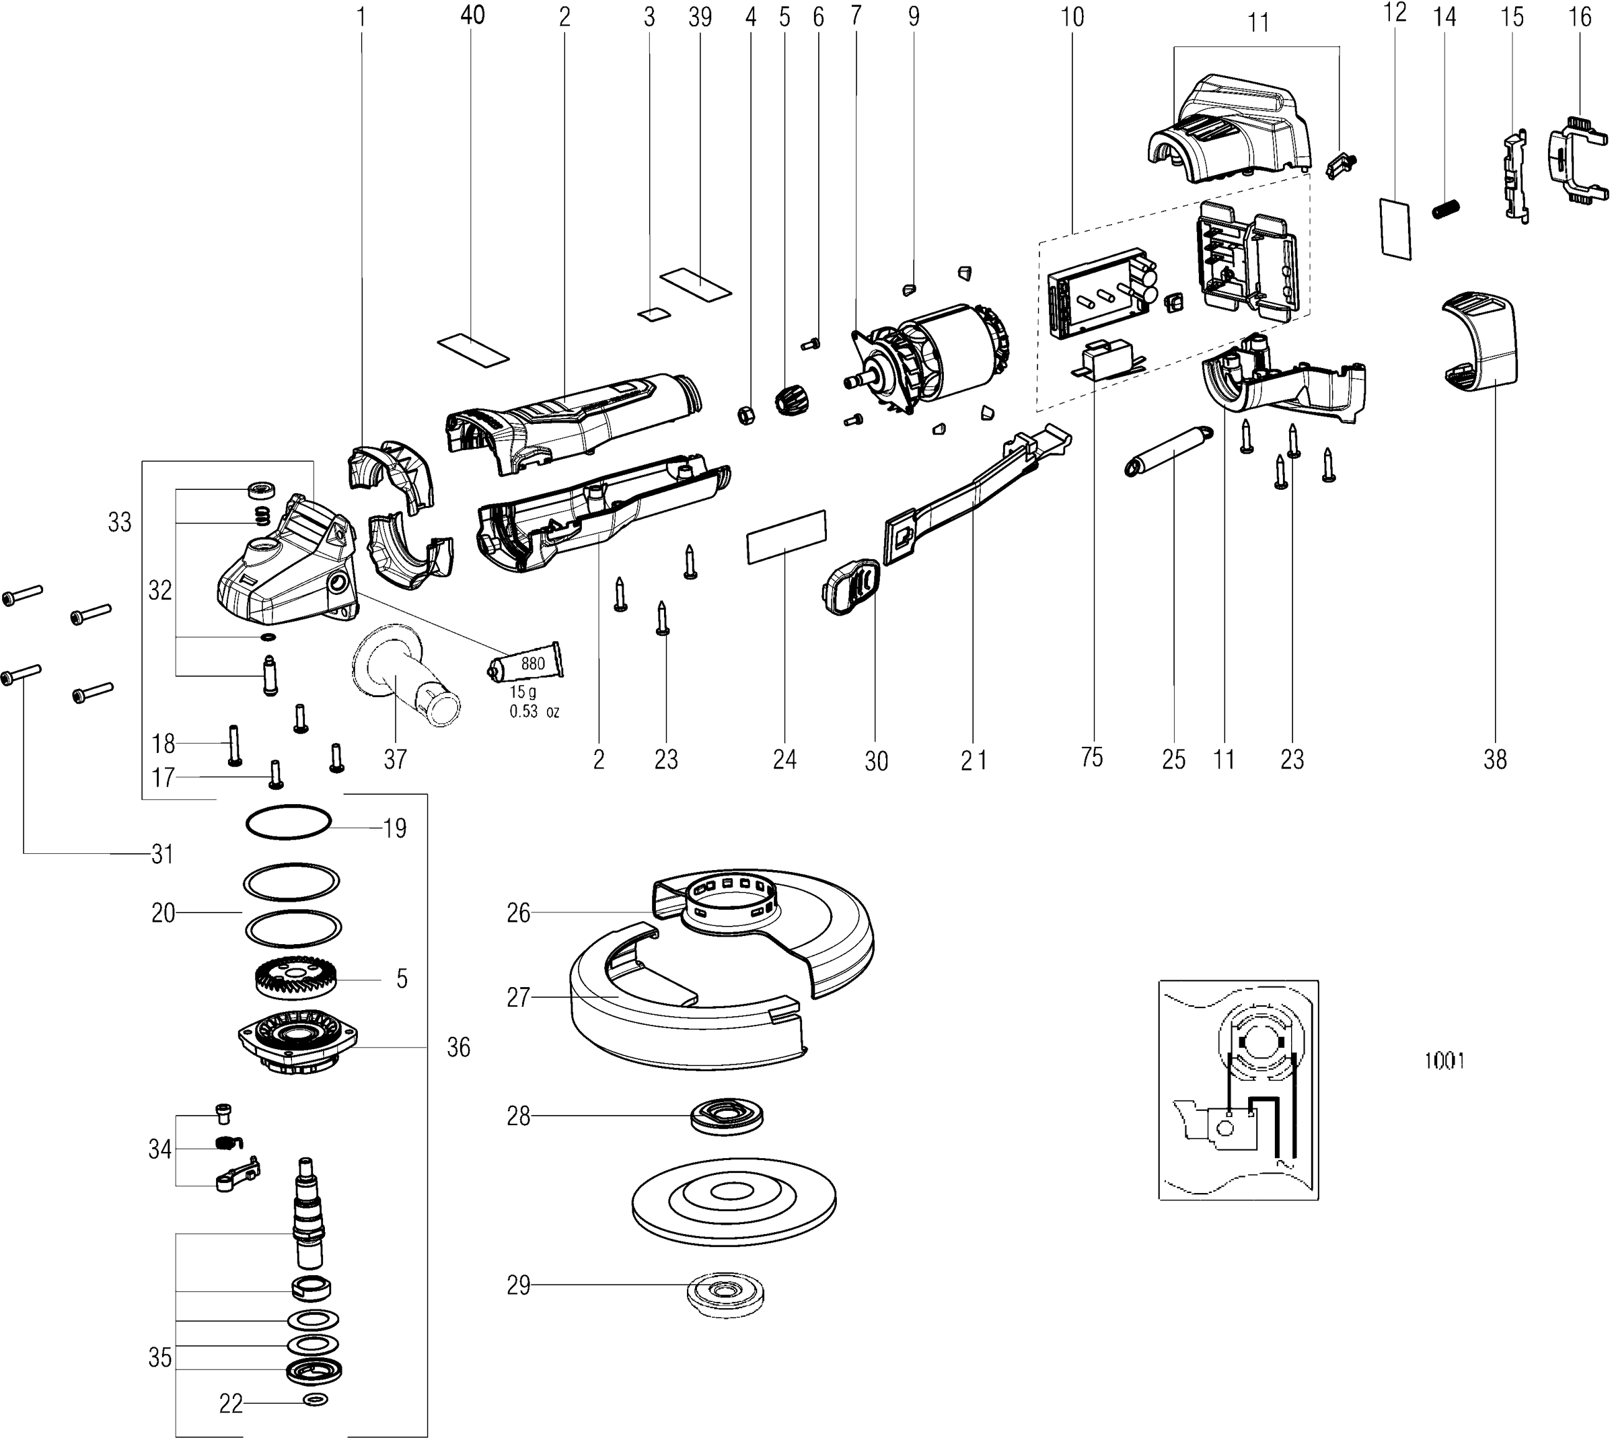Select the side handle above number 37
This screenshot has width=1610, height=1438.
(404, 678)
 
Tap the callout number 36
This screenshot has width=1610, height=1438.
(458, 1048)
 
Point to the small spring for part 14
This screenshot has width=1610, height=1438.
(1446, 210)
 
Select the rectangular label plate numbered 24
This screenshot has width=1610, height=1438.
(786, 536)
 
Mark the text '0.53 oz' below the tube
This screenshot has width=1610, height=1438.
(534, 712)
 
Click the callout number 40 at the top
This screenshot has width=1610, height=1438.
(472, 15)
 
